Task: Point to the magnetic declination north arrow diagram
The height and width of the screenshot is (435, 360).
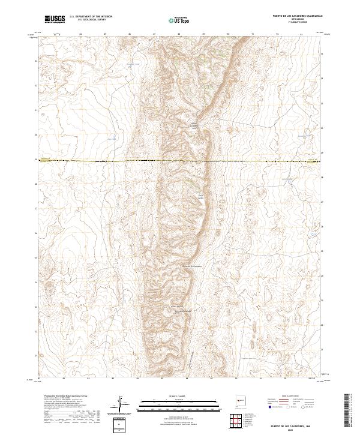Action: [x=122, y=402]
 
